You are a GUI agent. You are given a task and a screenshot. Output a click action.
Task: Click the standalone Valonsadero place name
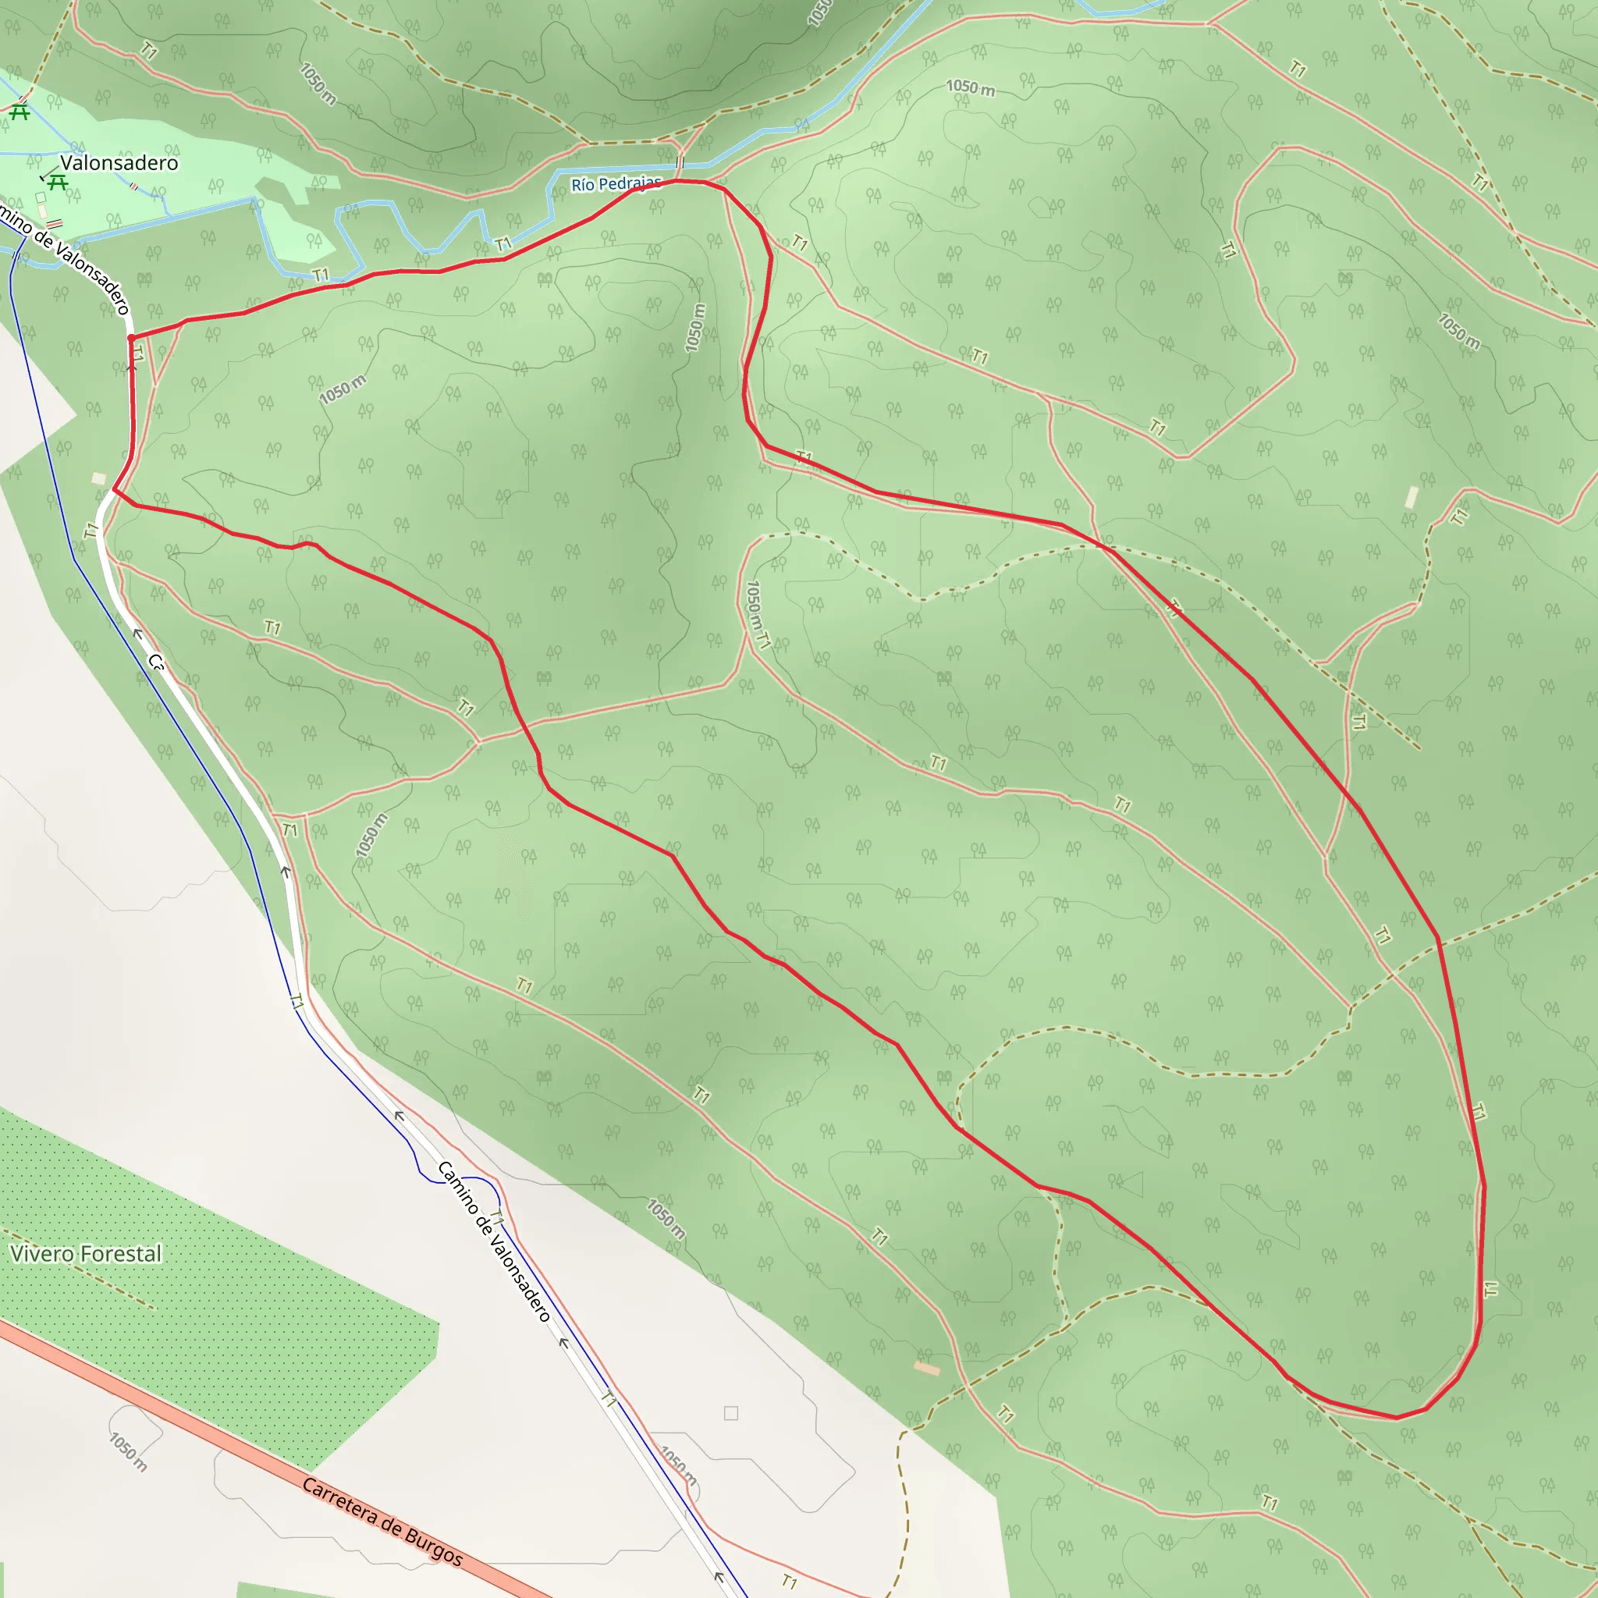pos(119,163)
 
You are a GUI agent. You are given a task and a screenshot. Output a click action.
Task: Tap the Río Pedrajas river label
pos(616,183)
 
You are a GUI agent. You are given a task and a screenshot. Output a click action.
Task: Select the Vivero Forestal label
pos(86,1254)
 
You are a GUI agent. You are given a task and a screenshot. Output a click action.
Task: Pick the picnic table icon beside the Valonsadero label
pos(57,181)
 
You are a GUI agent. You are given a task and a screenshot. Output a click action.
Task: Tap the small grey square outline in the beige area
pos(731,1414)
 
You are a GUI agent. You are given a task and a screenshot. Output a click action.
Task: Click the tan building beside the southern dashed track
pos(926,1369)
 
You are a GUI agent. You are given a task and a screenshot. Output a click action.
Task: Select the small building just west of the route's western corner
pos(99,478)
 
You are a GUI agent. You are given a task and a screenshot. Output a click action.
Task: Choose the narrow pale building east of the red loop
pos(1412,497)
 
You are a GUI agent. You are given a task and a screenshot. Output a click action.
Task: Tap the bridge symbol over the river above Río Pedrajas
pos(680,162)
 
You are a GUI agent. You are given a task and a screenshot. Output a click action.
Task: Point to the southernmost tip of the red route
pos(1396,1418)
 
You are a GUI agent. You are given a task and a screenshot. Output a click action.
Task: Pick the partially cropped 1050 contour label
pos(818,12)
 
